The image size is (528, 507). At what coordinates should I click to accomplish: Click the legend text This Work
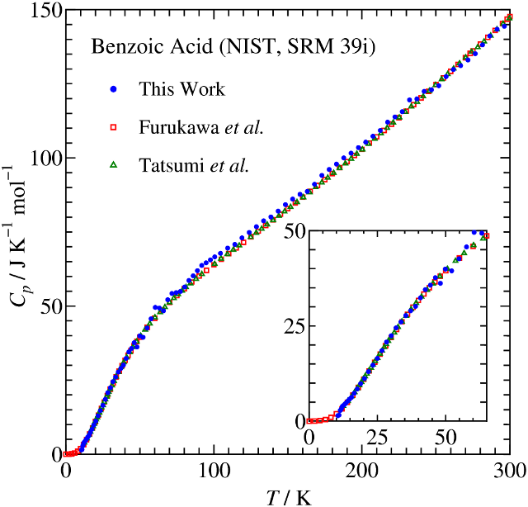pyautogui.click(x=181, y=89)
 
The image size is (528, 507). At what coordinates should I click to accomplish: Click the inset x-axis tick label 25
pyautogui.click(x=377, y=435)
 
